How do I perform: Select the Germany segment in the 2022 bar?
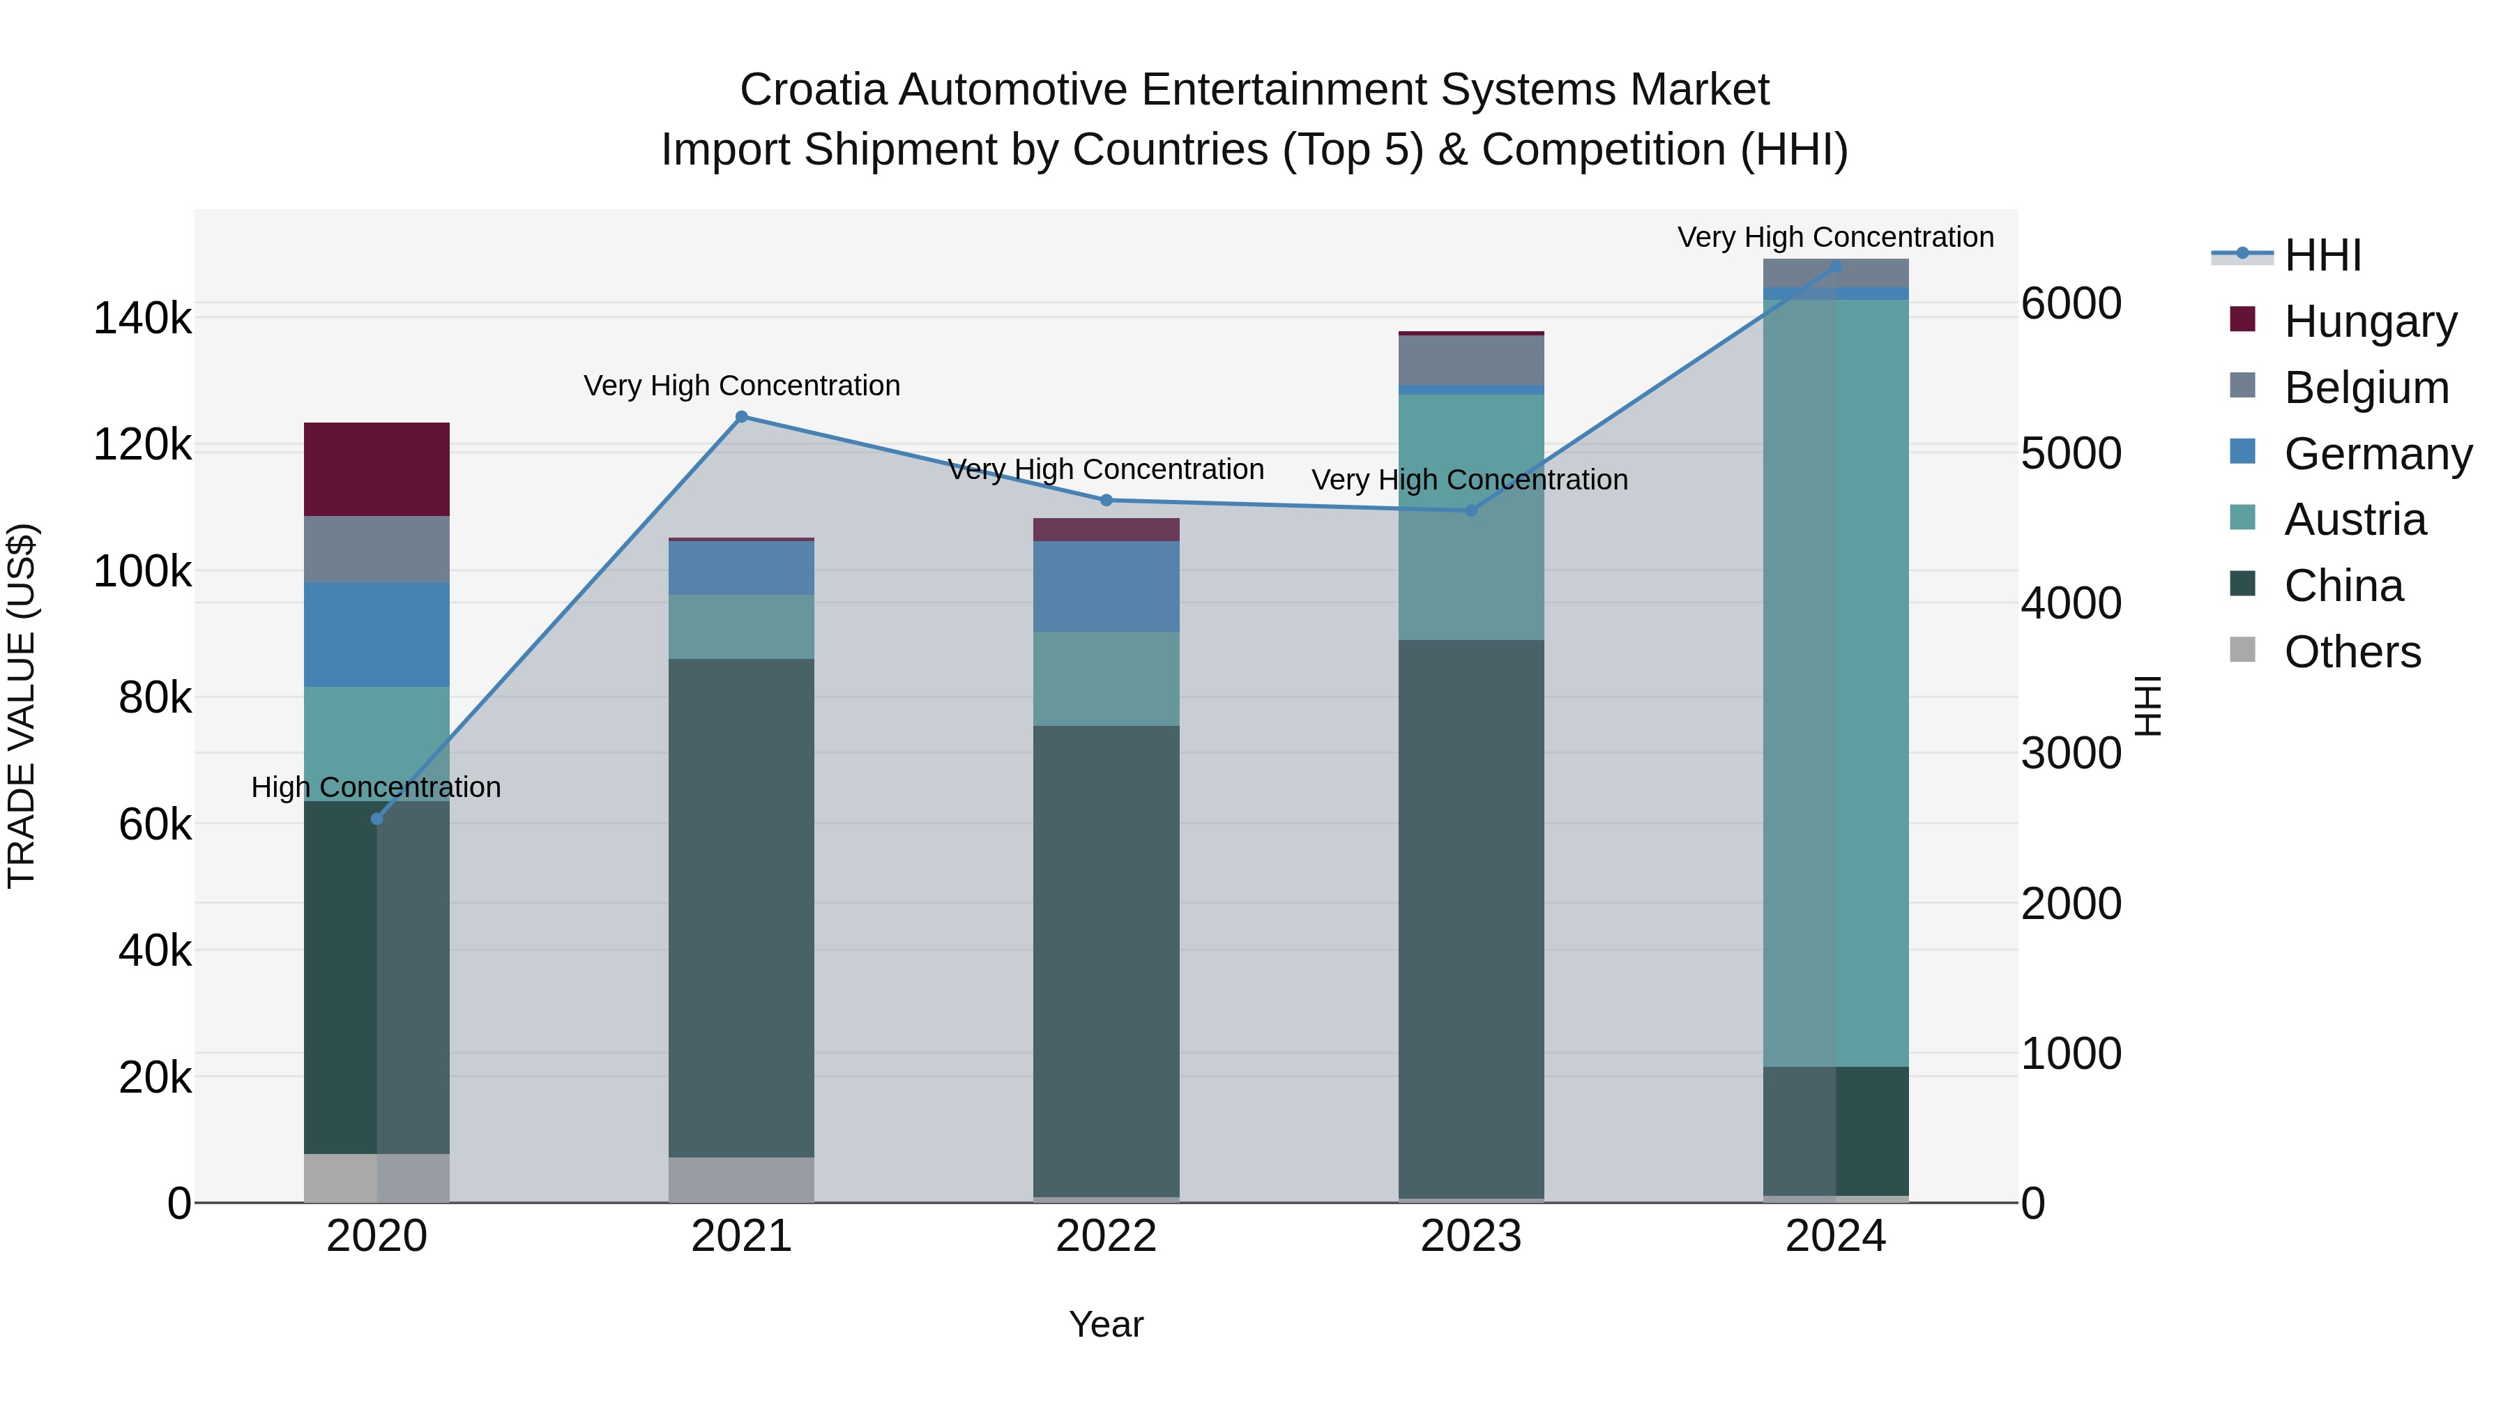tap(1106, 586)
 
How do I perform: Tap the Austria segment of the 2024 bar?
tap(1836, 682)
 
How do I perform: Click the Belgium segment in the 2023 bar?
tap(1470, 360)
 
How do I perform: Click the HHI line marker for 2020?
tap(377, 819)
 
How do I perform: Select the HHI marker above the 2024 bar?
tap(1836, 266)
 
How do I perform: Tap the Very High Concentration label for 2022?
tap(1106, 470)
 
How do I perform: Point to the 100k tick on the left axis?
tap(142, 572)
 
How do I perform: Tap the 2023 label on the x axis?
tap(1470, 1236)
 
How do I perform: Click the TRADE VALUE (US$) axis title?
tap(22, 706)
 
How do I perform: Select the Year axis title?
tap(1106, 1324)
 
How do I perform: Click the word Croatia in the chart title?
tap(813, 90)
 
